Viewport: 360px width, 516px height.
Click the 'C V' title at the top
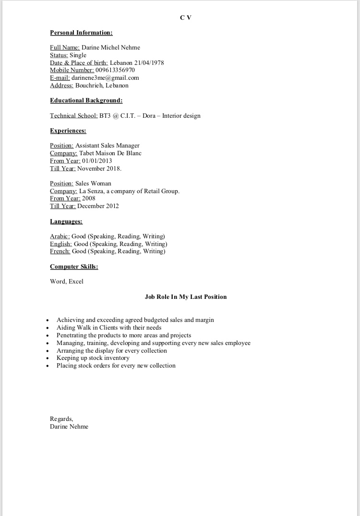click(186, 18)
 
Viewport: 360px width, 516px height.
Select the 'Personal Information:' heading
click(81, 33)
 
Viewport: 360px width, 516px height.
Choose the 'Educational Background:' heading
click(86, 100)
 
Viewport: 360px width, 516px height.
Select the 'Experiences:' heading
click(68, 131)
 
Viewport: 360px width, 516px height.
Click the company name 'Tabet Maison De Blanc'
click(110, 153)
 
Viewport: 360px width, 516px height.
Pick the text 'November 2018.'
click(99, 169)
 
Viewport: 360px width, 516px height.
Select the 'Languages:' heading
click(66, 221)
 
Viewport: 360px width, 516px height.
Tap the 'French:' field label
click(60, 251)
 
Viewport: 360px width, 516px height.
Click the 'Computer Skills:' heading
click(74, 266)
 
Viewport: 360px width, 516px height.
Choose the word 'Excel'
click(76, 282)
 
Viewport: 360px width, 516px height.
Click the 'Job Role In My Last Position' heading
click(186, 297)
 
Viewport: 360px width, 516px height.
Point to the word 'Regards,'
click(61, 419)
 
